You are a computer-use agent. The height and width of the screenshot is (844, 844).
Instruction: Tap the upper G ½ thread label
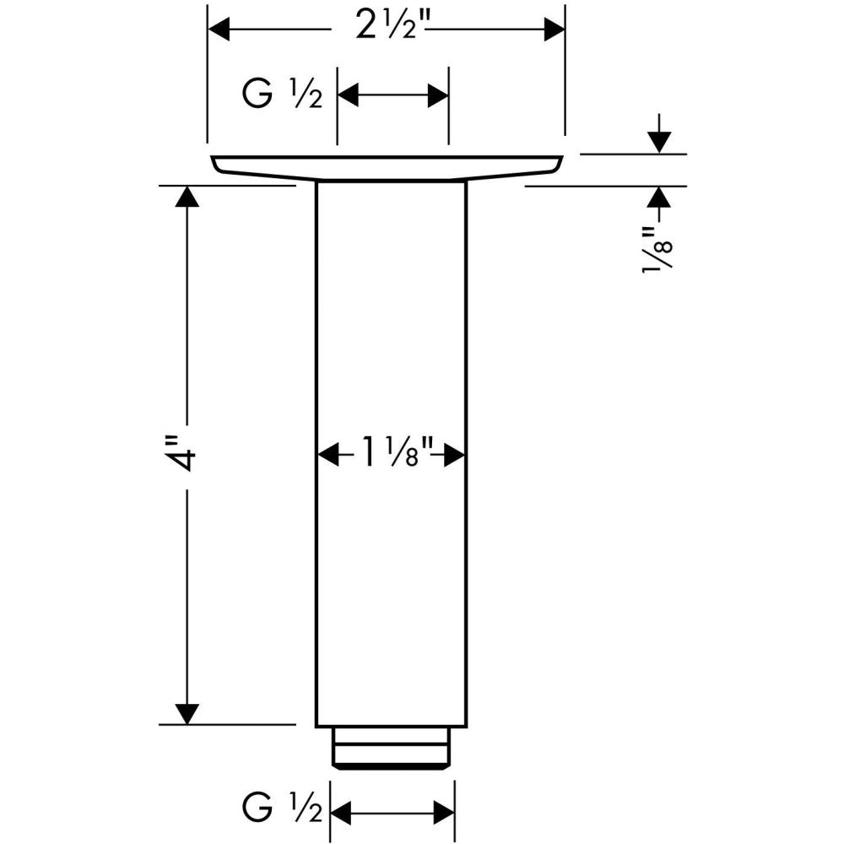click(x=282, y=95)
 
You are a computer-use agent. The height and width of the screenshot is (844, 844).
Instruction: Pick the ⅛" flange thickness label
click(x=657, y=250)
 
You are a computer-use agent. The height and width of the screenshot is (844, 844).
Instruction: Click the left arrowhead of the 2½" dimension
click(x=219, y=29)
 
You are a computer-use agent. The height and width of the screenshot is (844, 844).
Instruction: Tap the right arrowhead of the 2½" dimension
click(x=555, y=29)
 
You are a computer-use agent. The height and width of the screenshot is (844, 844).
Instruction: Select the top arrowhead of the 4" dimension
click(x=187, y=196)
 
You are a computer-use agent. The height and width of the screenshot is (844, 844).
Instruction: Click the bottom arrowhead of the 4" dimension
click(x=187, y=714)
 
